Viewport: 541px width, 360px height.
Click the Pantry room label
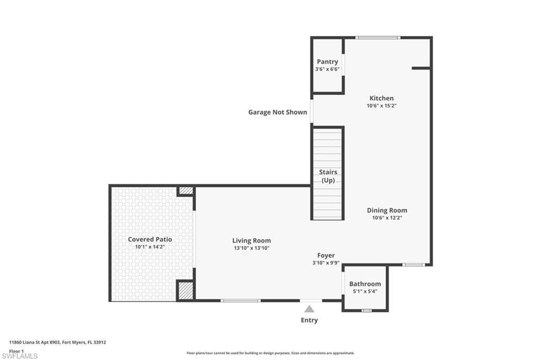coord(328,62)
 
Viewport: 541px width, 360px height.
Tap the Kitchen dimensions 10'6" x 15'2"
coord(381,106)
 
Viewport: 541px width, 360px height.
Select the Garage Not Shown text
coord(277,112)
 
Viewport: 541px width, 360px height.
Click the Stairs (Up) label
coord(328,176)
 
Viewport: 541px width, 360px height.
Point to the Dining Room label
coord(387,210)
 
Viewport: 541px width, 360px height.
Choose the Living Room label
coord(251,241)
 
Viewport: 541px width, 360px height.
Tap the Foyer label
coord(326,255)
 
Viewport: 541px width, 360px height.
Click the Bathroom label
coord(365,283)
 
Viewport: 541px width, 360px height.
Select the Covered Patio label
coord(150,239)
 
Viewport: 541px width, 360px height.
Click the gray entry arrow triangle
coord(310,309)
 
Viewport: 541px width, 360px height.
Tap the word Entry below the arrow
coord(310,320)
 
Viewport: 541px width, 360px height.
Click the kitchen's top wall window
coord(377,37)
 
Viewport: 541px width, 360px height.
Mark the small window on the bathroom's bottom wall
coord(366,310)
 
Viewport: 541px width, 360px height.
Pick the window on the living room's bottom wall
coord(240,300)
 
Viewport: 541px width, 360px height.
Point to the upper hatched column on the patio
coord(185,191)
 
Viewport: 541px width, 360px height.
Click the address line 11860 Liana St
coord(58,342)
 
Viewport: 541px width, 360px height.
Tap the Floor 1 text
coord(17,350)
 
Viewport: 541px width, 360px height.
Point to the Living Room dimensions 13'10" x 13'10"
coord(251,248)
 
